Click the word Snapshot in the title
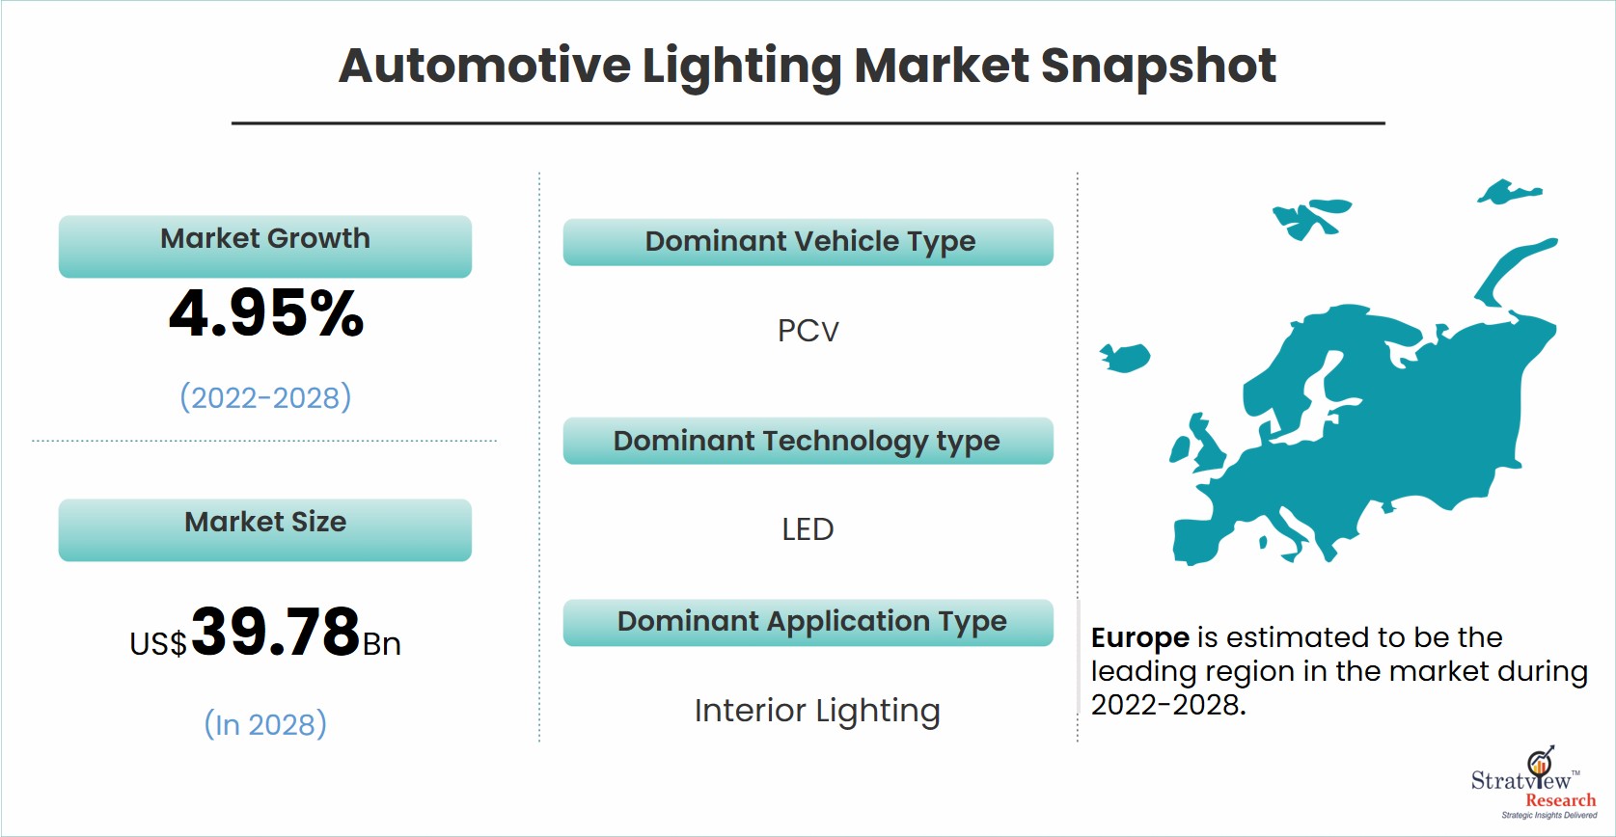pyautogui.click(x=1159, y=67)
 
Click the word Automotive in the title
pyautogui.click(x=484, y=66)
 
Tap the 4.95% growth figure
pyautogui.click(x=266, y=313)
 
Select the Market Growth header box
pyautogui.click(x=265, y=246)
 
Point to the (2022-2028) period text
pyautogui.click(x=265, y=397)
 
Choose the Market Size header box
pyautogui.click(x=265, y=530)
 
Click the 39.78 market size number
pyautogui.click(x=276, y=632)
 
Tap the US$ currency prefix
pyautogui.click(x=158, y=643)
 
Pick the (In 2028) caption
pyautogui.click(x=265, y=724)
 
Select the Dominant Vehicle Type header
pyautogui.click(x=808, y=242)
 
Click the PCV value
pyautogui.click(x=808, y=331)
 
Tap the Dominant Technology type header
pyautogui.click(x=808, y=441)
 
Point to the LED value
pyautogui.click(x=808, y=530)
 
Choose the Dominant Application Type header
pyautogui.click(x=808, y=622)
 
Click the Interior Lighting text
pyautogui.click(x=817, y=712)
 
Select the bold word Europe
pyautogui.click(x=1139, y=638)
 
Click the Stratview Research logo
pyautogui.click(x=1535, y=783)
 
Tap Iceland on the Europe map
pyautogui.click(x=1126, y=358)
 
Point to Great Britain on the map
pyautogui.click(x=1209, y=444)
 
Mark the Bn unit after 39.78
pyautogui.click(x=382, y=644)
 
